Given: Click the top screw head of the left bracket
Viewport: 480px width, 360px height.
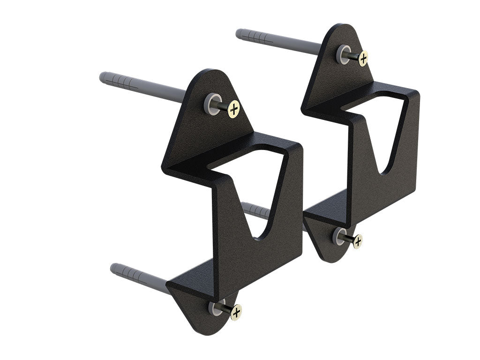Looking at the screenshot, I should [233, 109].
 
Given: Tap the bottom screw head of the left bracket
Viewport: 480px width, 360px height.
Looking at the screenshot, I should [236, 311].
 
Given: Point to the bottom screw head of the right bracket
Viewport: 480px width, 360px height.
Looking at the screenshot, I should [358, 241].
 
